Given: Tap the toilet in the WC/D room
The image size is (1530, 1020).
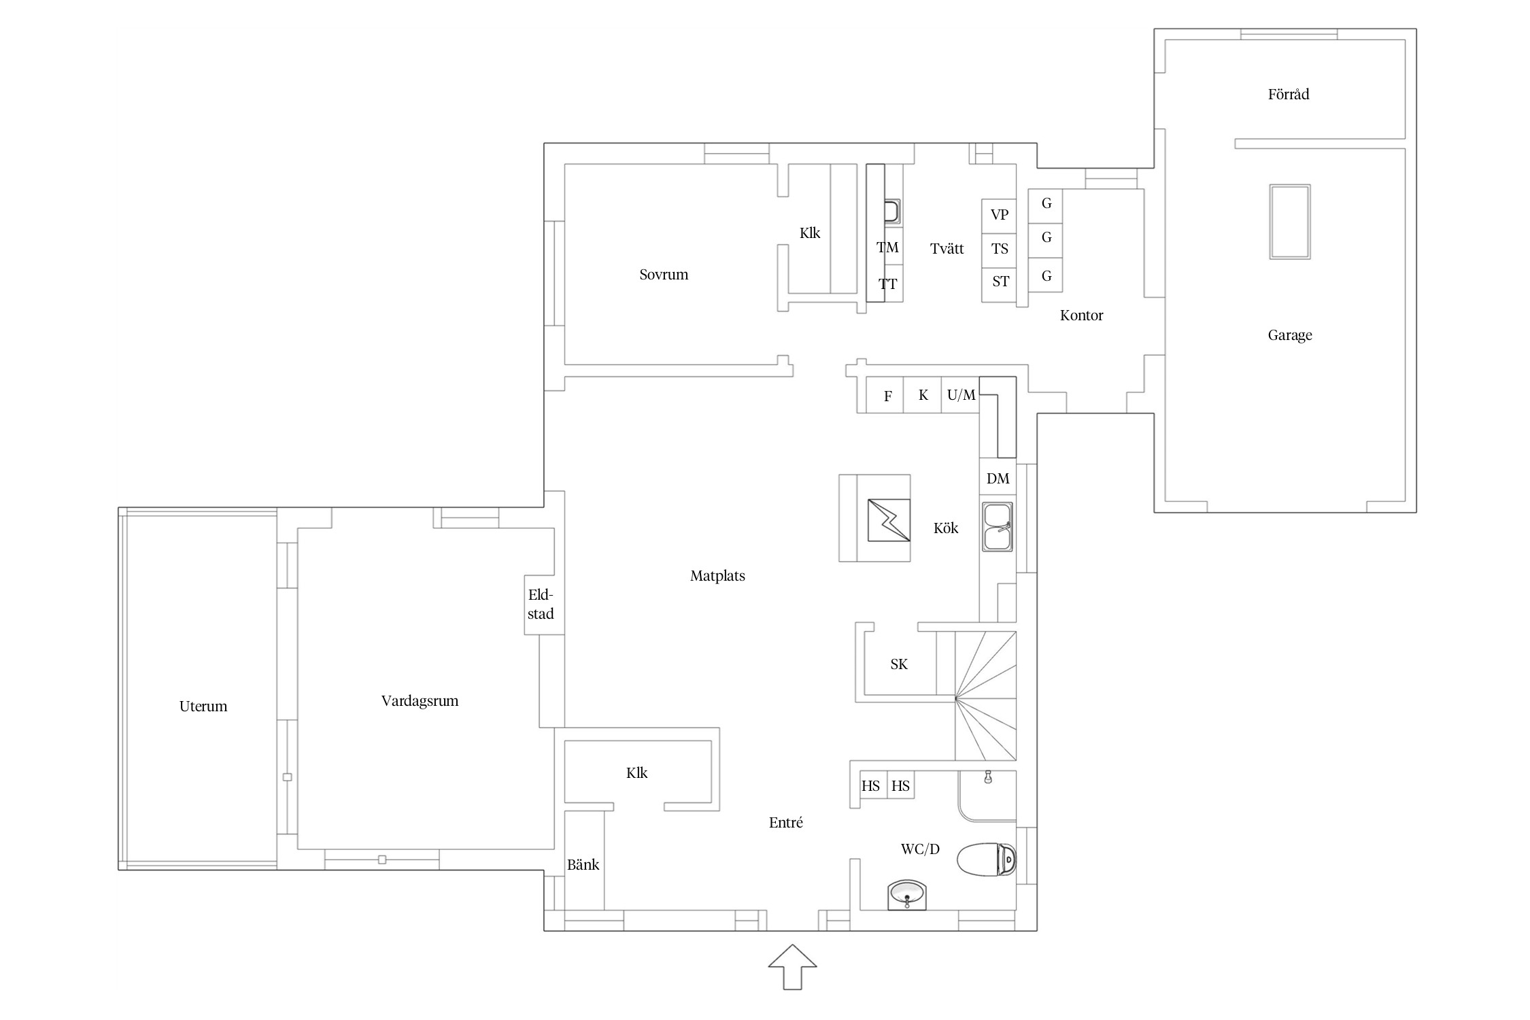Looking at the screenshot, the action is (x=987, y=860).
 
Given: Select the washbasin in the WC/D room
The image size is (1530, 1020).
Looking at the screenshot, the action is (x=907, y=895).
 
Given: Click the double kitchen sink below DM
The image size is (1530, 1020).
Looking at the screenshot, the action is (x=998, y=527).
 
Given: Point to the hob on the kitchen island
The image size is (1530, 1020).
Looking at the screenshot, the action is (x=889, y=520).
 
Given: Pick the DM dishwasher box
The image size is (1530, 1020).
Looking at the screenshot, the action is (x=998, y=479).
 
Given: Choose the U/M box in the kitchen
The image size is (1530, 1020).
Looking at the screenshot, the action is (x=960, y=395).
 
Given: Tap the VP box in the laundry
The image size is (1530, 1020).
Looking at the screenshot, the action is (x=999, y=216).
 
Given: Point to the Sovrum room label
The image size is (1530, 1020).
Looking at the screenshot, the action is (x=664, y=275).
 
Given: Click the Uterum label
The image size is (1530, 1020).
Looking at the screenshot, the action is (x=203, y=707).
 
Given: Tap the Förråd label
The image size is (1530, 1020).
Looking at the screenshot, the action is (x=1289, y=95).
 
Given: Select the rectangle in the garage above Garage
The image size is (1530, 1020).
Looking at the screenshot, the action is (x=1290, y=222).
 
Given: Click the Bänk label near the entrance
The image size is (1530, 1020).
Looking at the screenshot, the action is (x=583, y=865).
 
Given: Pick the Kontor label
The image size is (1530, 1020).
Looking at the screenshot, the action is (x=1081, y=316).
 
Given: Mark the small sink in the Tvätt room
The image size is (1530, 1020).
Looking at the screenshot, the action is (x=892, y=211).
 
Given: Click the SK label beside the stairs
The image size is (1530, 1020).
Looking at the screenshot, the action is (x=899, y=664).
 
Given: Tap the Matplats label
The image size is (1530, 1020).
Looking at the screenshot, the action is (x=717, y=577).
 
